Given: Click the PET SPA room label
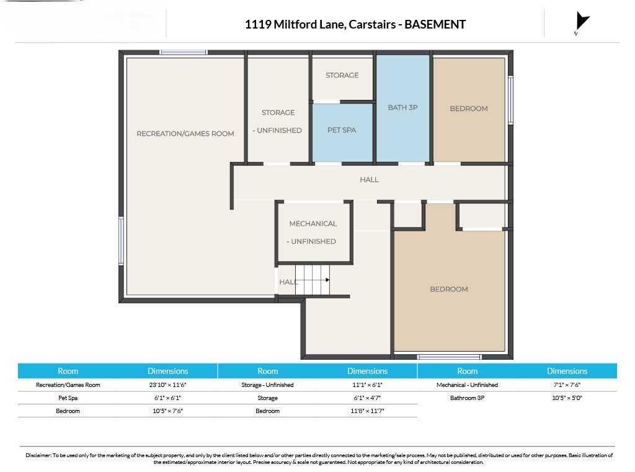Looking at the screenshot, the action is pos(342,130).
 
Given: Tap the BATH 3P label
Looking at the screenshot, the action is pos(402,107).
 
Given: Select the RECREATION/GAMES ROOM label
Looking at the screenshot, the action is pos(185,133).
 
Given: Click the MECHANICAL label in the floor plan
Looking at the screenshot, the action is pos(313,224).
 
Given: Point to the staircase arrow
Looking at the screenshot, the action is pos(313,280).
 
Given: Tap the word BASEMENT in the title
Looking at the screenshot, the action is pos(435,24).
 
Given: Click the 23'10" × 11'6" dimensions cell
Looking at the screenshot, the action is pos(167,385).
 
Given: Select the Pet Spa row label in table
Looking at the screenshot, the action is pos(68,398).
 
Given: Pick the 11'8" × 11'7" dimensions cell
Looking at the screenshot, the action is pos(367,411).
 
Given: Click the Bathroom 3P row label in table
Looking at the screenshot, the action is pos(468,398).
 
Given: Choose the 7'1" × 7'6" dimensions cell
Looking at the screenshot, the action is pos(567,385).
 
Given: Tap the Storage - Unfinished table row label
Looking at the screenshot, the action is pos(267,385).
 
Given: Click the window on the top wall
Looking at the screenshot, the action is pos(184,52).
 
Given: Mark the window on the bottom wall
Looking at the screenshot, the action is pos(449,357).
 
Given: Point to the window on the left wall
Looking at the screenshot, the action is pos(121,241).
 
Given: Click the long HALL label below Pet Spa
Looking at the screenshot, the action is pos(370,179).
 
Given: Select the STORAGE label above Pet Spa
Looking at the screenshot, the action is pos(342,75).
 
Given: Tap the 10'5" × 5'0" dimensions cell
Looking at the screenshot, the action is pos(567,398).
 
